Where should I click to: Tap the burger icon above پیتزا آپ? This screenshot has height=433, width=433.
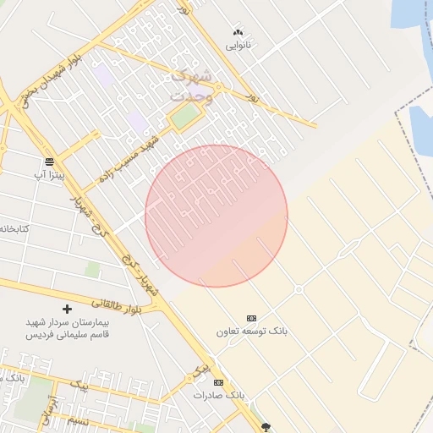click(x=50, y=161)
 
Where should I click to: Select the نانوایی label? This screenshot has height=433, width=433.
click(x=237, y=43)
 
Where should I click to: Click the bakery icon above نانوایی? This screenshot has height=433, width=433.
click(x=237, y=31)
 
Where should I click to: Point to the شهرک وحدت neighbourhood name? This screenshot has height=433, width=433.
click(x=192, y=86)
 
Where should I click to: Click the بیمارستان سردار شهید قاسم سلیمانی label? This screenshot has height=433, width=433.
click(x=68, y=328)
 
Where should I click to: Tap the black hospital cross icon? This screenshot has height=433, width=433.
click(x=68, y=310)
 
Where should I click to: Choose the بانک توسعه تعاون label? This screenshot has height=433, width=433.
click(x=252, y=332)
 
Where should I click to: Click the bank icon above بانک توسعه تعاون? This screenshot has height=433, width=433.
click(x=251, y=318)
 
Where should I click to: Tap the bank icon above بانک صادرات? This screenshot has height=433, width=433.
click(x=219, y=382)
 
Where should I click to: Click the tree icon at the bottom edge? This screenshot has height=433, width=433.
click(x=267, y=427)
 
